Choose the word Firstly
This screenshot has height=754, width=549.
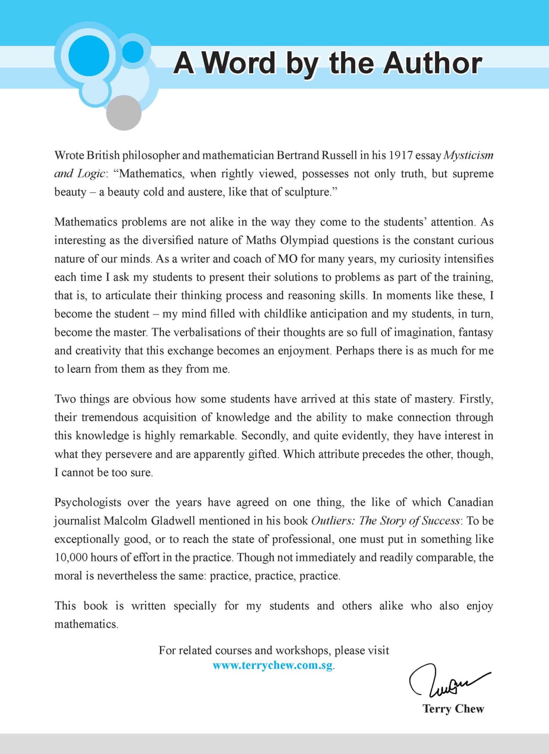pos(476,399)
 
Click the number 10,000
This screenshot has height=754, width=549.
pos(71,557)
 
